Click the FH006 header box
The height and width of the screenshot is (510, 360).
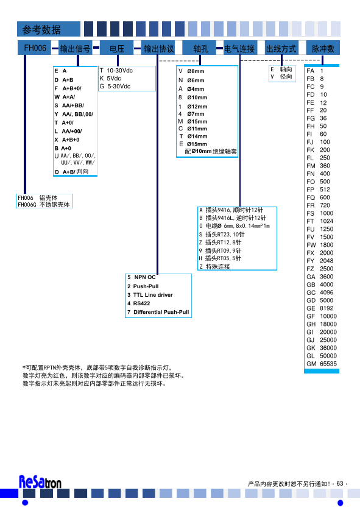(x=35, y=48)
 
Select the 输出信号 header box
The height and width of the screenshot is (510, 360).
(x=75, y=48)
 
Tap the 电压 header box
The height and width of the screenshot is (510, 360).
(x=117, y=48)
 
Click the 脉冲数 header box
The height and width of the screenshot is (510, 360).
(x=323, y=48)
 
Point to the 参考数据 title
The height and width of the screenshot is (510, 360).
(x=41, y=29)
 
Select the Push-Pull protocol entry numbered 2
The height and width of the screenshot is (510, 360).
(x=143, y=286)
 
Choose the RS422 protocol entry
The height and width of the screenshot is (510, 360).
(x=139, y=303)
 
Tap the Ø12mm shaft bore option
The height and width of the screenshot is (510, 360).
(x=193, y=107)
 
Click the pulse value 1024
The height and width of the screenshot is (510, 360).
(x=326, y=221)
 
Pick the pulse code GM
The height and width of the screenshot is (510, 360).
(x=311, y=364)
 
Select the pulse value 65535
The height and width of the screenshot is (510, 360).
(x=328, y=364)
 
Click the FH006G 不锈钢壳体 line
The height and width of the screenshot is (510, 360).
(x=44, y=205)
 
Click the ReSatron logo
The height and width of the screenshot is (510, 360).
(x=40, y=482)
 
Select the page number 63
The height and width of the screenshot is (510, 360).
(x=340, y=484)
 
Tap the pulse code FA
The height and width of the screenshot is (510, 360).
(x=310, y=71)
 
